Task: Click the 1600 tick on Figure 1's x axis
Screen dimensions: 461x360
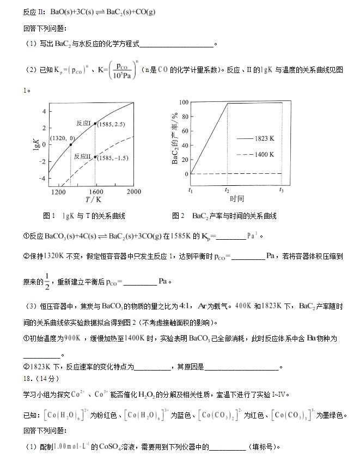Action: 95,192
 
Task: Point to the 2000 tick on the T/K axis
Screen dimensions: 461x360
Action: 133,192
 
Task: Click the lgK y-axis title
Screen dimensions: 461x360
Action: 36,144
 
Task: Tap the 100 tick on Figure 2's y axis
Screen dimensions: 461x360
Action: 184,102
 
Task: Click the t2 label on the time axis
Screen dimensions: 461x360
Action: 227,190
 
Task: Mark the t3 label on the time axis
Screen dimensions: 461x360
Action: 282,190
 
